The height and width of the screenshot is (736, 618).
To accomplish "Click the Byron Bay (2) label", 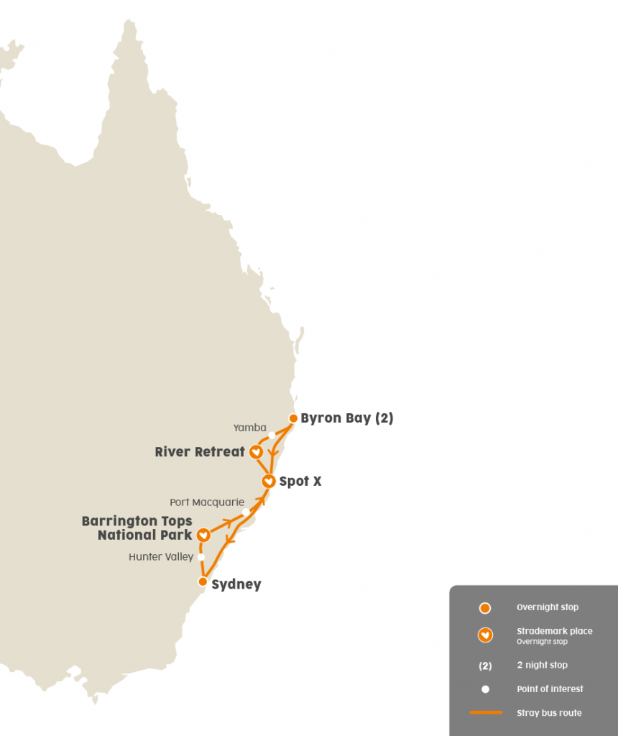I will (346, 418).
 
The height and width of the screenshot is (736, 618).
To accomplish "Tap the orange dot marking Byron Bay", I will (293, 418).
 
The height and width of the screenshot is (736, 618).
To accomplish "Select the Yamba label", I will (249, 428).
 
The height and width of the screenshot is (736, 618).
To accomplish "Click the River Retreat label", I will (200, 452).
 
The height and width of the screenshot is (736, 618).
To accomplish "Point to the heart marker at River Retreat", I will (255, 452).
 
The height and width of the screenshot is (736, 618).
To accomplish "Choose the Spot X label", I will (300, 481).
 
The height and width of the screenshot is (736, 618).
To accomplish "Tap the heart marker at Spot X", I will (268, 481).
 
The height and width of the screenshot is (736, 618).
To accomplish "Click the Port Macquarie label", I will (207, 502).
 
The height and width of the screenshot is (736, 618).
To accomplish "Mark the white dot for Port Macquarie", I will (246, 512).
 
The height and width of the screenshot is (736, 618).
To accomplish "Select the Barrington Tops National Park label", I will (137, 528).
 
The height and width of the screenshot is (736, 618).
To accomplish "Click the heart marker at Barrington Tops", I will (203, 535).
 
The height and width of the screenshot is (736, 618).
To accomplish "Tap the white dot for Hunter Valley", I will (201, 557).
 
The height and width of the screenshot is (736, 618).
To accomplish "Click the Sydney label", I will (236, 584).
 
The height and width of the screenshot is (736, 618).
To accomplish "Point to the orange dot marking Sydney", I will (203, 581).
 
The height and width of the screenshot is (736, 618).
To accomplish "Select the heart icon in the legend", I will (485, 635).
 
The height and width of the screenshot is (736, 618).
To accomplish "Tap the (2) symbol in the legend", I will (485, 665).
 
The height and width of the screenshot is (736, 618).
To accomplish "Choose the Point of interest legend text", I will (550, 689).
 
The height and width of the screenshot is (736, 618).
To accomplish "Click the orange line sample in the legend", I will (485, 712).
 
